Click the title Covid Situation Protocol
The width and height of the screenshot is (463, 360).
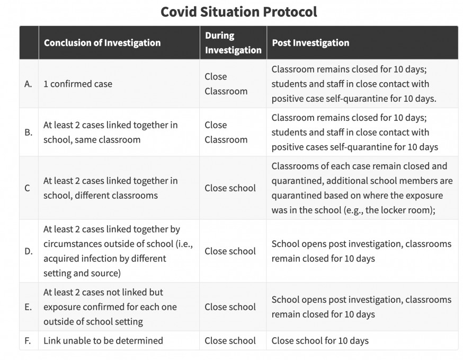238,12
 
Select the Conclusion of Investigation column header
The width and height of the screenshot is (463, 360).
102,43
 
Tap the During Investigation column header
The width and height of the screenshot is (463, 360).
233,43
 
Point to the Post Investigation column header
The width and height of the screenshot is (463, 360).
310,43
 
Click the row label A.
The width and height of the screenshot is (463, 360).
29,84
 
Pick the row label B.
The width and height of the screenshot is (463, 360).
29,133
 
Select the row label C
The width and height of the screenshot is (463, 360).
28,188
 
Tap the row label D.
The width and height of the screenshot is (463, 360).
29,251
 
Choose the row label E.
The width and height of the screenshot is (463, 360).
29,307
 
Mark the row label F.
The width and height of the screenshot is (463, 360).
29,341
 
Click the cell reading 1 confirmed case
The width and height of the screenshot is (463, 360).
78,84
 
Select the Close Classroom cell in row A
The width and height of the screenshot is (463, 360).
226,84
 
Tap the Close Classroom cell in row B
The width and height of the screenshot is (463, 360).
226,133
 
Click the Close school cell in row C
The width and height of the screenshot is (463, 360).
230,188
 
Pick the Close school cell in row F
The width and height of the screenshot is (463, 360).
230,341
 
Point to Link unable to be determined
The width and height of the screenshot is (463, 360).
103,341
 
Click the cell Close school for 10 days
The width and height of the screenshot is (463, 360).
320,341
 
